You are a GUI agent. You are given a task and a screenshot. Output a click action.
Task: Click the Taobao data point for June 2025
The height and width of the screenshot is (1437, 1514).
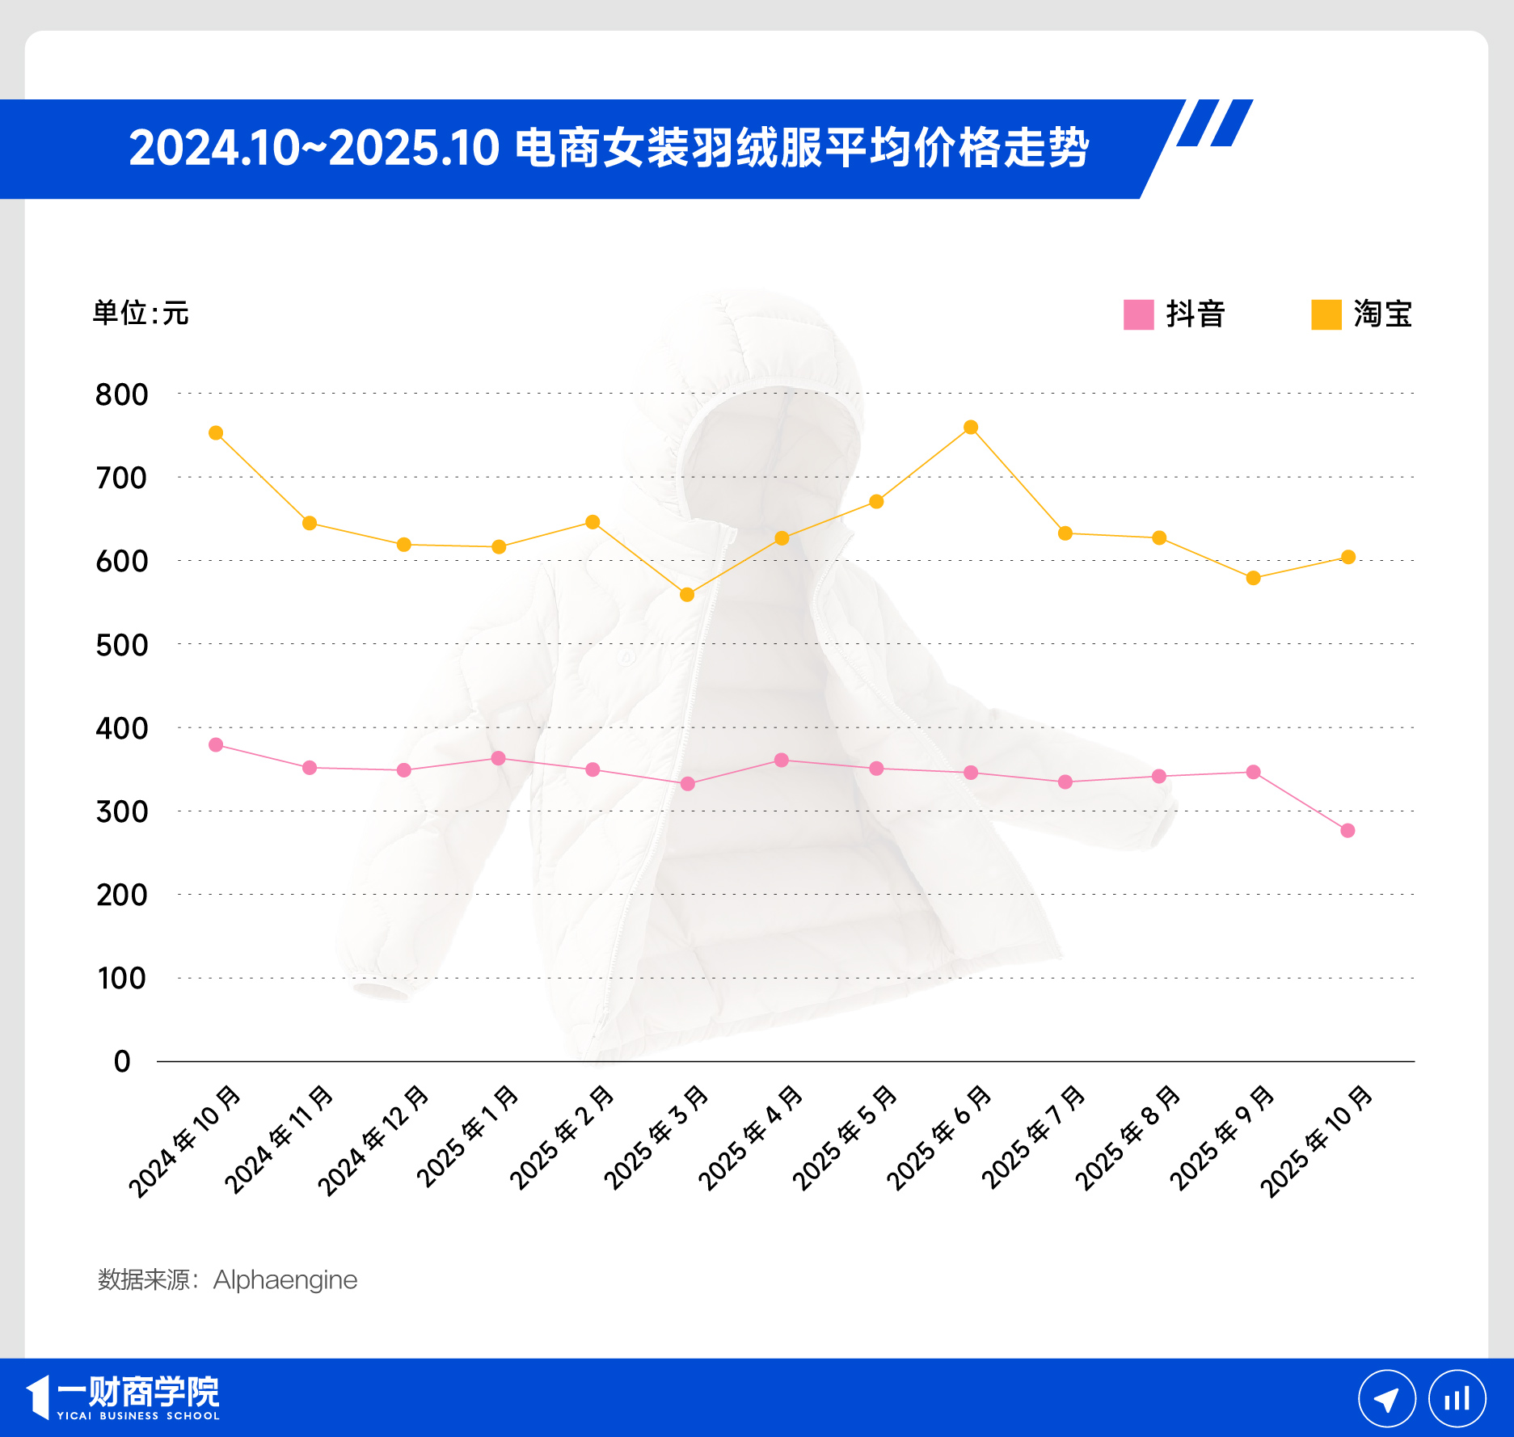(x=971, y=427)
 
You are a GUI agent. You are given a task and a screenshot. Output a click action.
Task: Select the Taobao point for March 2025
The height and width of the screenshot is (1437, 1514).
(x=687, y=595)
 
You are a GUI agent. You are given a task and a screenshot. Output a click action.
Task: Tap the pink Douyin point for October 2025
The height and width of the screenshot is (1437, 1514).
(x=1347, y=831)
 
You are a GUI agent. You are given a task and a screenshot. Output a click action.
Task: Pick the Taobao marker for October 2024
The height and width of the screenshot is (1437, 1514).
(x=216, y=433)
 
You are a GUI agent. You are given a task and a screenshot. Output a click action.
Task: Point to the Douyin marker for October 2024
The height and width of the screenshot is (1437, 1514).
(x=216, y=744)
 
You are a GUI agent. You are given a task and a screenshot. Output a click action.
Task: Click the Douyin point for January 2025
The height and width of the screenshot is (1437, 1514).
(x=499, y=758)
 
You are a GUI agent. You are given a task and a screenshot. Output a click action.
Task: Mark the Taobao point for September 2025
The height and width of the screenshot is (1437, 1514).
(x=1253, y=578)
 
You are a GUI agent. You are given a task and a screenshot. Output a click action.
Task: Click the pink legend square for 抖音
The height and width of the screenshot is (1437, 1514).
(x=1138, y=314)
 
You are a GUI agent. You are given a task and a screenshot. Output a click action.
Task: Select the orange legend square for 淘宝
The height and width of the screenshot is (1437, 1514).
(x=1326, y=314)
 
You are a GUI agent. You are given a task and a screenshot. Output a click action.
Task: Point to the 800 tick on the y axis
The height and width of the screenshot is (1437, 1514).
(x=122, y=394)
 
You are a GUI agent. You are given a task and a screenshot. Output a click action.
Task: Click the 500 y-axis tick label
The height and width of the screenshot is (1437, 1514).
(x=122, y=645)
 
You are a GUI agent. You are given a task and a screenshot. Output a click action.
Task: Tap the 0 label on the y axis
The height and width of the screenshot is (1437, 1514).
(x=122, y=1061)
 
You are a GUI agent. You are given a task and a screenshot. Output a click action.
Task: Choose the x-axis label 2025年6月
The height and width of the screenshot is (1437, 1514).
(x=938, y=1139)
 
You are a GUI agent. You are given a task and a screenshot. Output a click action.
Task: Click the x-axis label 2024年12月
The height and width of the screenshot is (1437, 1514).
(x=373, y=1141)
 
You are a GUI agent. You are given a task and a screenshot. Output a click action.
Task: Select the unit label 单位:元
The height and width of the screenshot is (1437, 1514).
(x=141, y=313)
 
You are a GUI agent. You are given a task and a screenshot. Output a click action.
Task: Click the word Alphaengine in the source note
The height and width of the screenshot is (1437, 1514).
(x=285, y=1279)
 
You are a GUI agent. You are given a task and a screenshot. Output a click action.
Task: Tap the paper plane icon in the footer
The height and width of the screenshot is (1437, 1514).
(x=1386, y=1399)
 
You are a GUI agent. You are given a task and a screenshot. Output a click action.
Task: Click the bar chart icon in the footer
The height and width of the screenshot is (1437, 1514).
(x=1457, y=1399)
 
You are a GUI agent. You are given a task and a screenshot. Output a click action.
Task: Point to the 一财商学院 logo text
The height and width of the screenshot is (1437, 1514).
(x=137, y=1393)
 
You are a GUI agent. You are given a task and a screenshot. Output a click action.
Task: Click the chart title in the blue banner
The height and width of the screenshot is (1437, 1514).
(x=609, y=149)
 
